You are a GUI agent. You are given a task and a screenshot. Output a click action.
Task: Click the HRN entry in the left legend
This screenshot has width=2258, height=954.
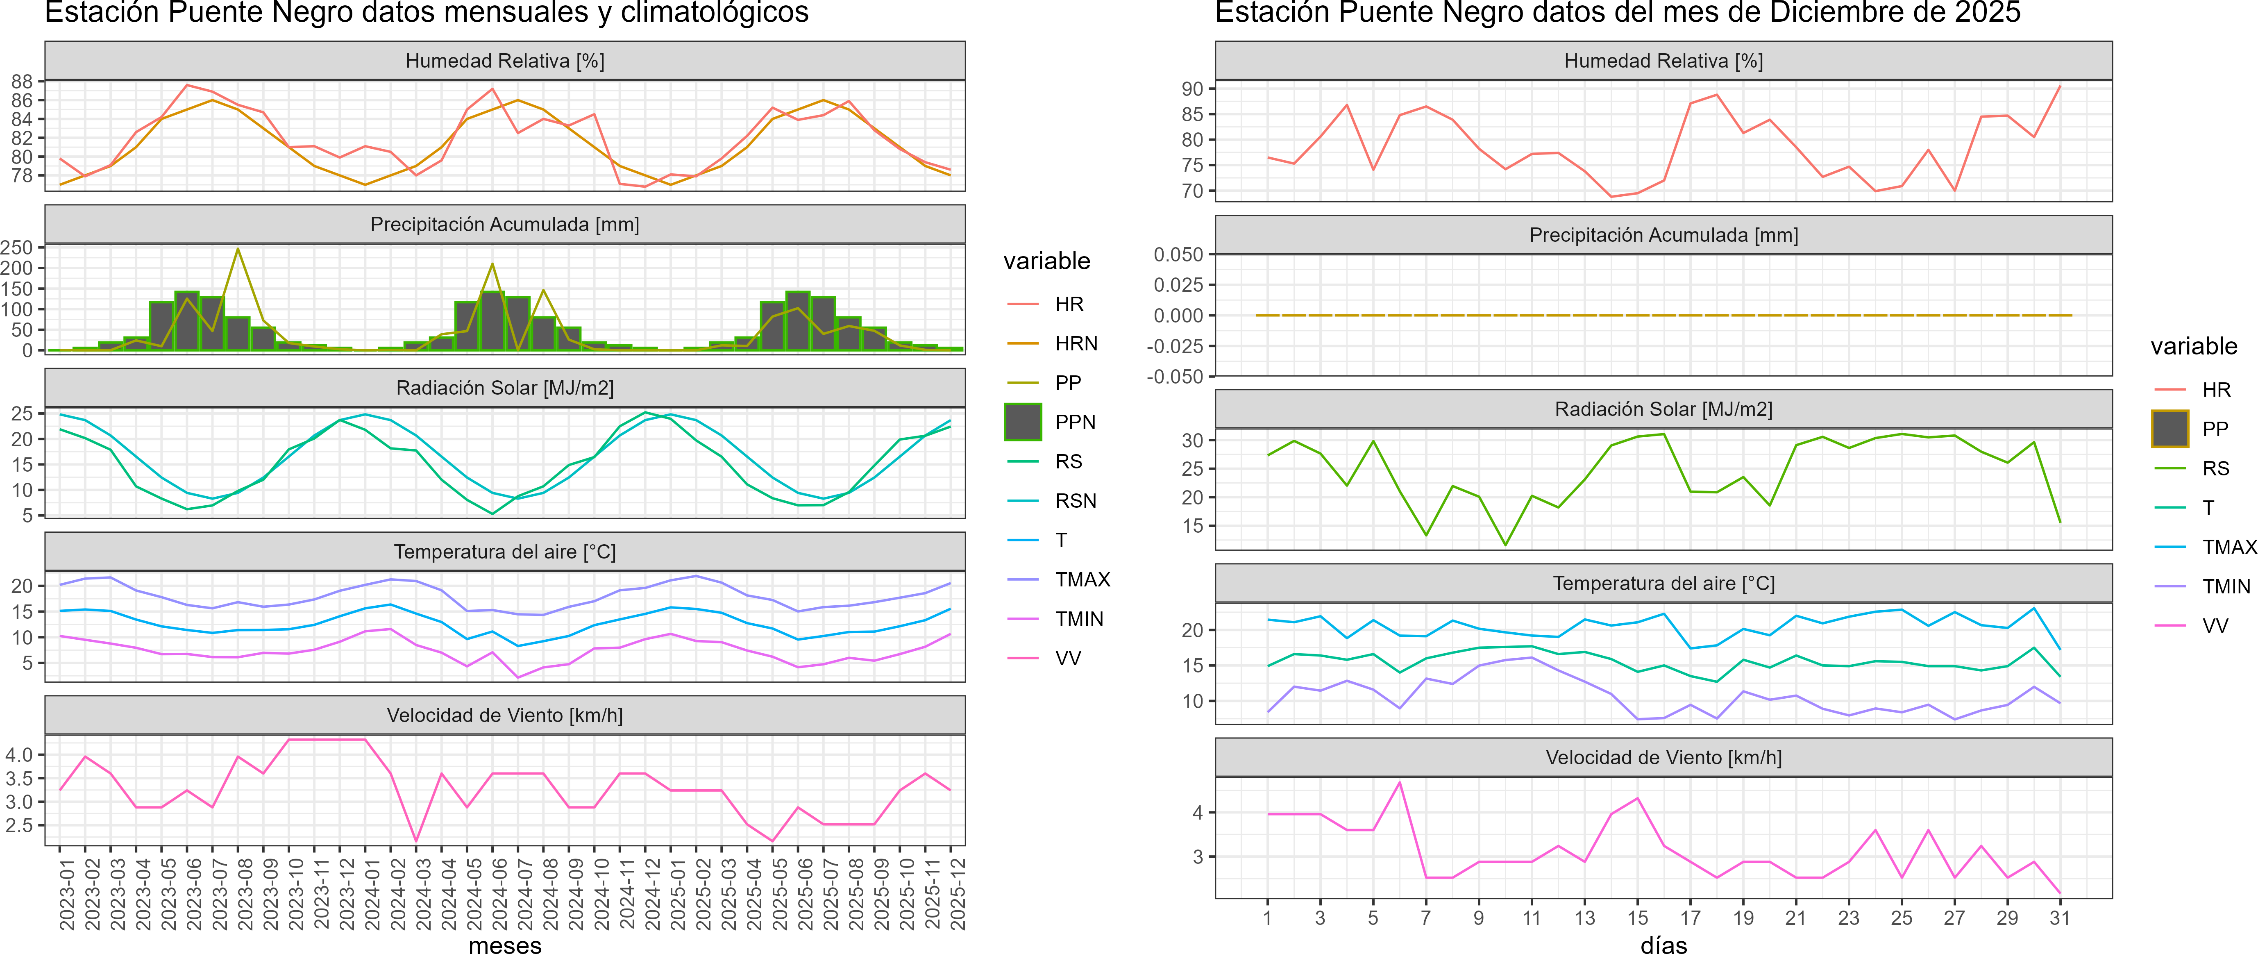pos(1076,344)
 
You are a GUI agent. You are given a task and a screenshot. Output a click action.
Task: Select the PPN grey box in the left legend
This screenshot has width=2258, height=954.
pos(1023,422)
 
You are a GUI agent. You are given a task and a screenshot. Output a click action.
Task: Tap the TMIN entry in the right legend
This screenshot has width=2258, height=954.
pos(2226,586)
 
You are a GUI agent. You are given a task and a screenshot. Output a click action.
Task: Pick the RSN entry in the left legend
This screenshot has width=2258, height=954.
pos(1075,501)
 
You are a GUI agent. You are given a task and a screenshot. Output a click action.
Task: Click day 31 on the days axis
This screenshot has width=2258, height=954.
pos(2059,918)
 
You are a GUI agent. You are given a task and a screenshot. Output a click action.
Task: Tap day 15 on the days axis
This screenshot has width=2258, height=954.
pos(1636,918)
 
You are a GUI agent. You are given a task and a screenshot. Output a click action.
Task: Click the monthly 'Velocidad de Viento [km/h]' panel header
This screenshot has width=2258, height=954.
pos(505,715)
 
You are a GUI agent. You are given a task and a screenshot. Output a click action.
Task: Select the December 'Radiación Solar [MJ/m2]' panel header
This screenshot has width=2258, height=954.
pos(1663,409)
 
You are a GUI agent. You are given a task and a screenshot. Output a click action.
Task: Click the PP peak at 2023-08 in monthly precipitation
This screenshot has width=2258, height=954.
pos(238,249)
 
